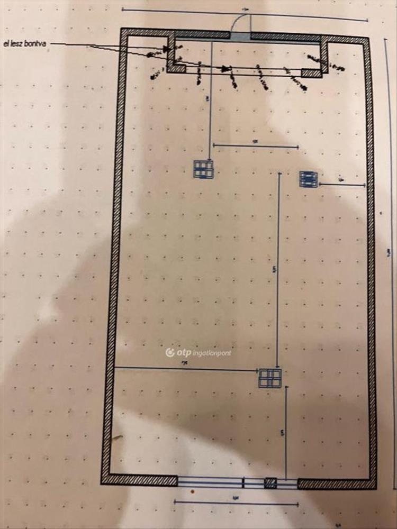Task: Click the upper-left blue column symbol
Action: tap(203, 169)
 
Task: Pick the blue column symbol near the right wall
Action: tap(308, 179)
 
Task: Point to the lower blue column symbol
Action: tap(270, 378)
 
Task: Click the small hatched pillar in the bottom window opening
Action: tap(270, 483)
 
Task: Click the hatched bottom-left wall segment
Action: tap(139, 480)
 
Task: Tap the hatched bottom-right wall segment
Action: tap(337, 483)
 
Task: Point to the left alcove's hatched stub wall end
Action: tap(177, 68)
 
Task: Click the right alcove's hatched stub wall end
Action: tap(311, 74)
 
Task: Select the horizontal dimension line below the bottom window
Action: tap(236, 503)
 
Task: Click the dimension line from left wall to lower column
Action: tap(185, 369)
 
